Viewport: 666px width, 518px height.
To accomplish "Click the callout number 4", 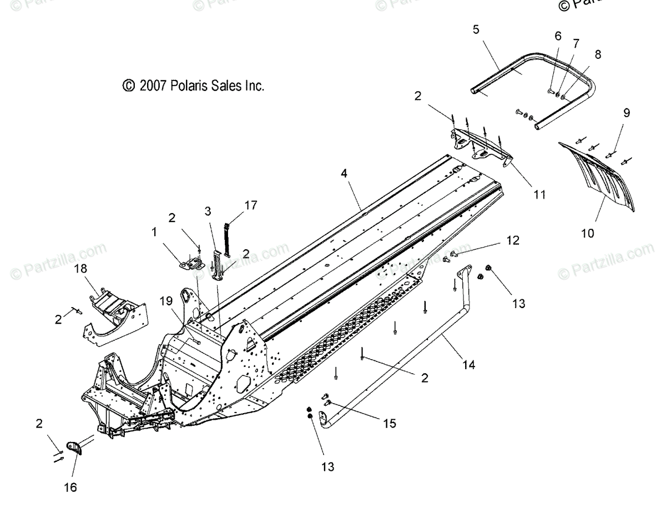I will tap(344, 173).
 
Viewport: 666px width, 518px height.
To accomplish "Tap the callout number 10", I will tap(588, 233).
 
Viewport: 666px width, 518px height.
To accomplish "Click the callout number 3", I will tap(207, 211).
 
